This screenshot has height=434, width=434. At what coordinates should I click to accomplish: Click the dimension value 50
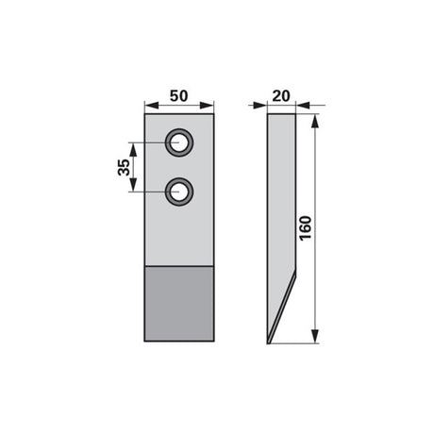click(178, 96)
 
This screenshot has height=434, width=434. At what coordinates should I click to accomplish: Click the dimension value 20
click(281, 96)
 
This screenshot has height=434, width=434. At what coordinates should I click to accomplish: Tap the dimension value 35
click(124, 167)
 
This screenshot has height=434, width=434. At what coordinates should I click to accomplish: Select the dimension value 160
click(306, 228)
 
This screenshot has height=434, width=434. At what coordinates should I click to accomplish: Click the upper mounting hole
click(179, 142)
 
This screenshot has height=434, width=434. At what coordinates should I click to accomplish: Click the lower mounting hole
click(179, 192)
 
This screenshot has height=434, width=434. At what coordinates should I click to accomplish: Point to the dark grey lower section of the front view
click(179, 304)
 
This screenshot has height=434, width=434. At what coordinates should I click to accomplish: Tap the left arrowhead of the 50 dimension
click(151, 106)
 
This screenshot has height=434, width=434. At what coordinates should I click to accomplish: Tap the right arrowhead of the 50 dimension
click(207, 106)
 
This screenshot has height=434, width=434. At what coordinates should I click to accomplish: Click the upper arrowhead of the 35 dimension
click(133, 150)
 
